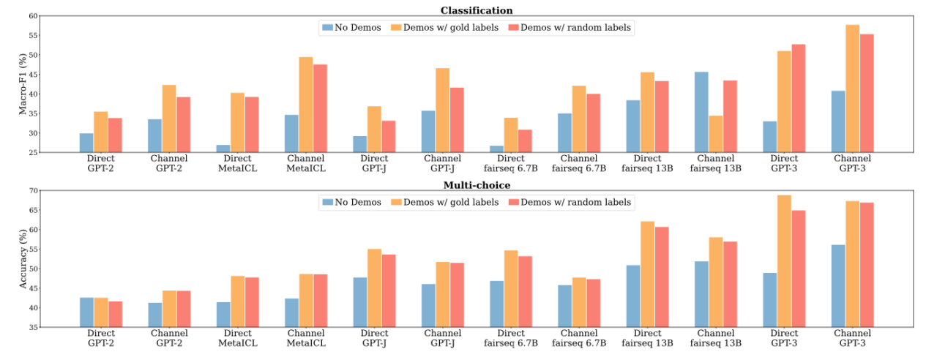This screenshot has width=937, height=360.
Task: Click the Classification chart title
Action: tap(476, 10)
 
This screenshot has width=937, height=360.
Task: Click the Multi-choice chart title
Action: tap(476, 185)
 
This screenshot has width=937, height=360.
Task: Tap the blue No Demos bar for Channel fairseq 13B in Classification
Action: tap(701, 112)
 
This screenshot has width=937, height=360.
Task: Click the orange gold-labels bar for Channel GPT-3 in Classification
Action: tap(852, 89)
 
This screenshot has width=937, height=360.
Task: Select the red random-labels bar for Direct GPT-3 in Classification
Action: tap(798, 98)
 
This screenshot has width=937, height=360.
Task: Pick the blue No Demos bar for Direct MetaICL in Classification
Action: tap(223, 149)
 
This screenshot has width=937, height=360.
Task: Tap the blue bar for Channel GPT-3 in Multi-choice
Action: tap(838, 285)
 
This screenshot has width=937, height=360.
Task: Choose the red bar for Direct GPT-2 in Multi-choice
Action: tap(114, 314)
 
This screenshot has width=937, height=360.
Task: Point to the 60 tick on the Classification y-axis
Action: tap(32, 15)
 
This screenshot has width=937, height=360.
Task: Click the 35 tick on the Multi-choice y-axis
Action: tap(32, 327)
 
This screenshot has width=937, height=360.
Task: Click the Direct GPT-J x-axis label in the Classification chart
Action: tap(374, 163)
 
